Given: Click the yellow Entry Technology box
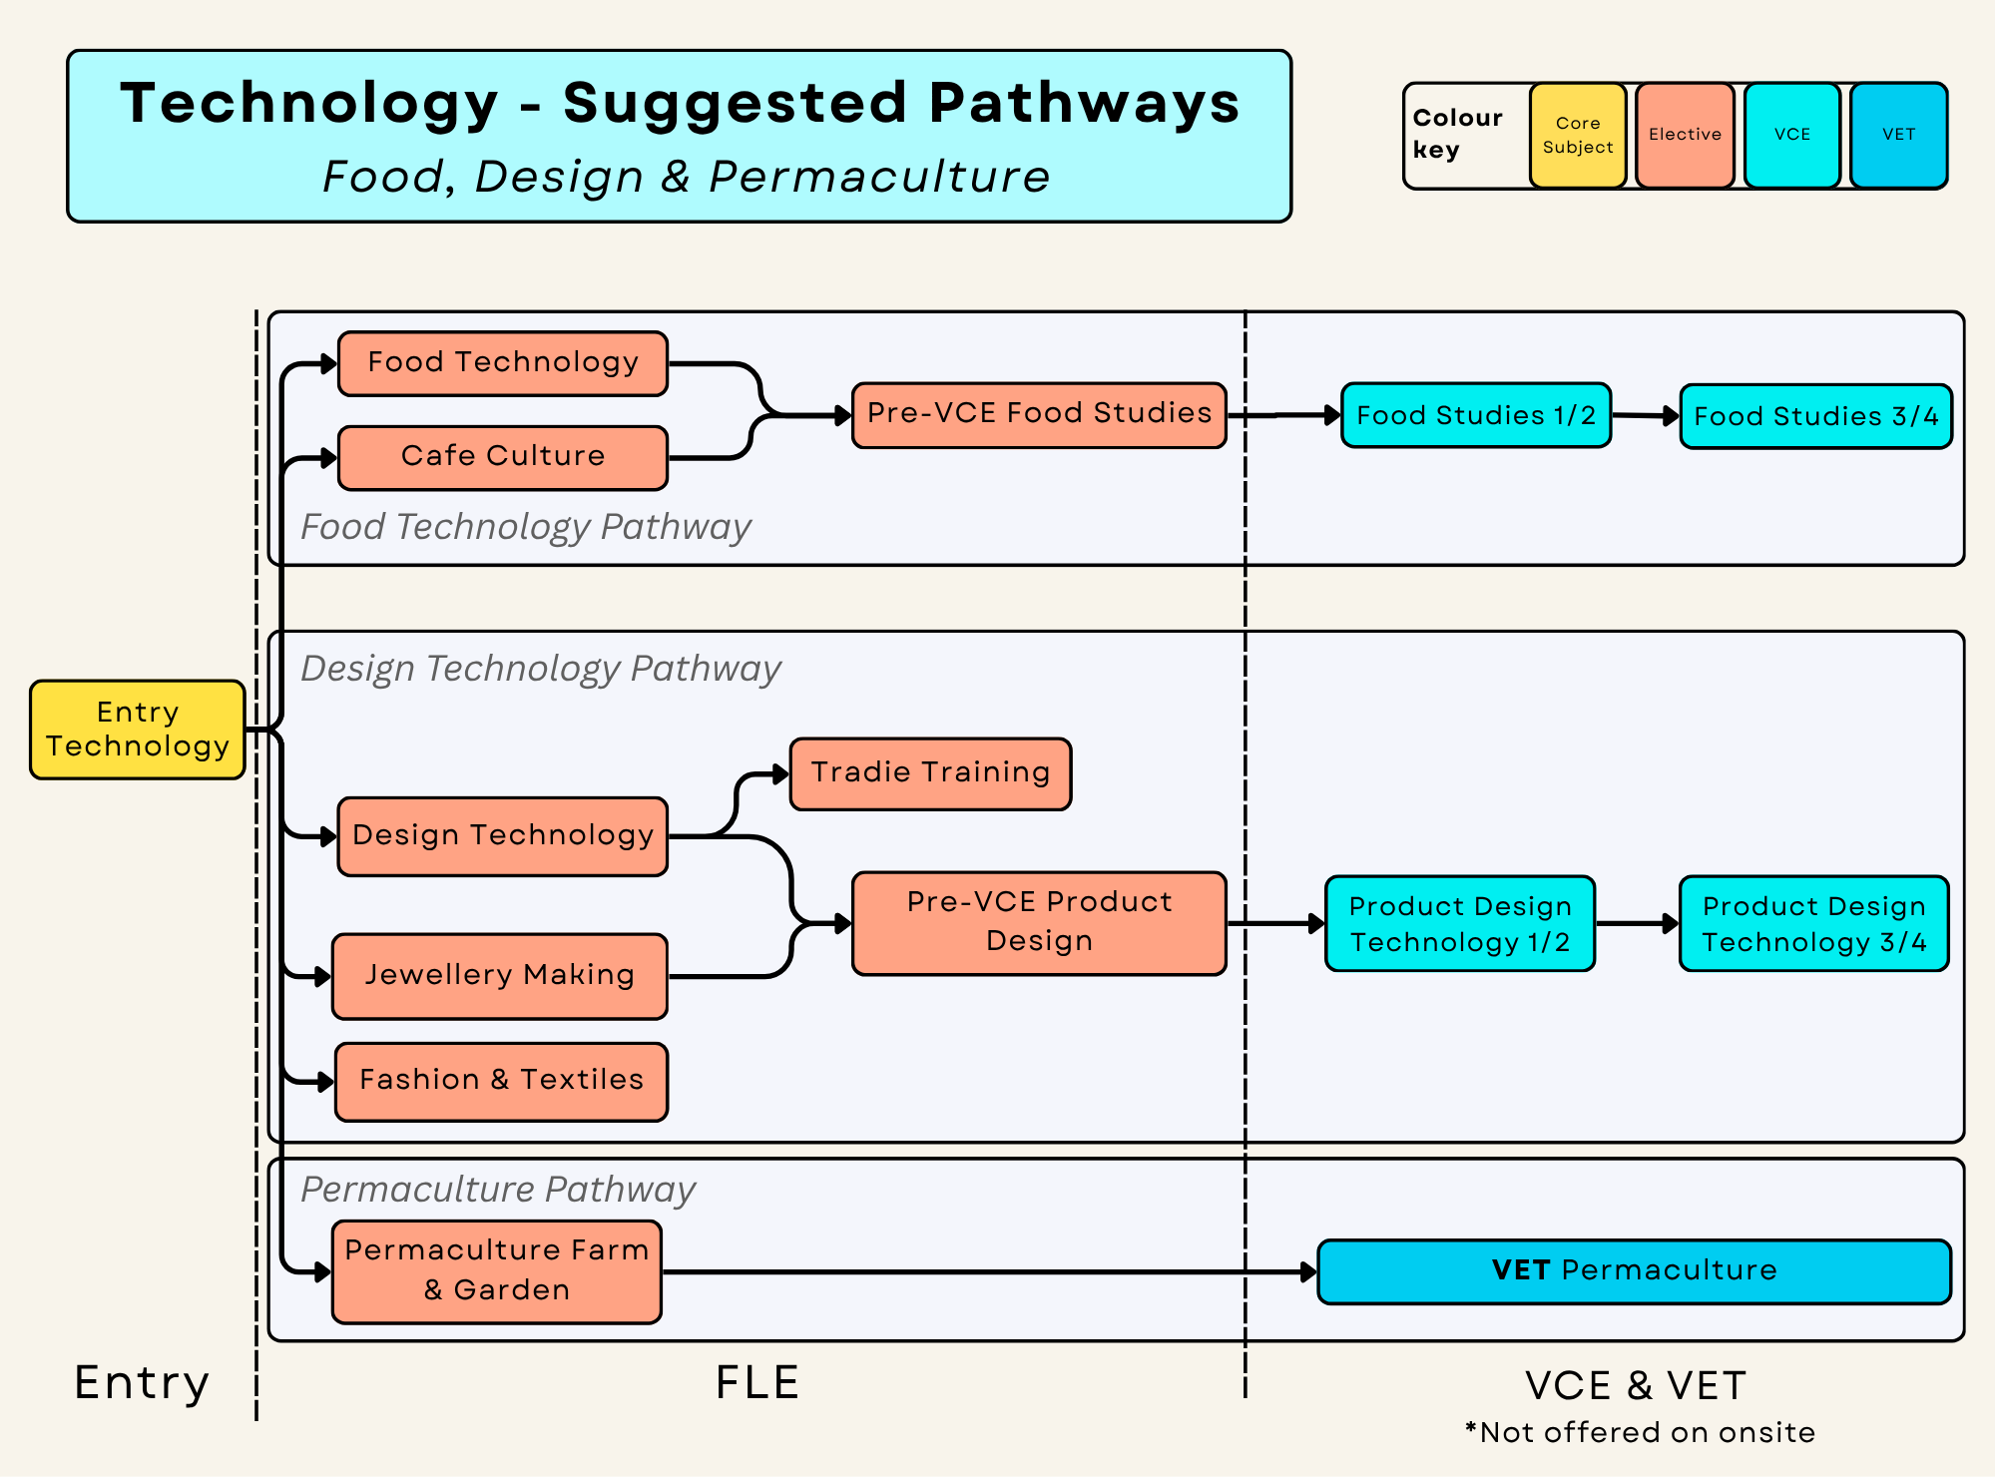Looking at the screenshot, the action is pos(138,730).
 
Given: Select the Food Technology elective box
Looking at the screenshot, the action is pos(503,363).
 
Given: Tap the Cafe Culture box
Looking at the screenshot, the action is pos(503,458).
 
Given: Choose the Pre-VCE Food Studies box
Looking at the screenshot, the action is pos(1039,415).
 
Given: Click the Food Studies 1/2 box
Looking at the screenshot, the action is pos(1476,415).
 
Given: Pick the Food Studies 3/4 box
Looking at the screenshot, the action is pos(1815,416).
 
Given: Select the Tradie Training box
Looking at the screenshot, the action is pos(930,773).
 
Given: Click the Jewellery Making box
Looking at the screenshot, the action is pos(500,976).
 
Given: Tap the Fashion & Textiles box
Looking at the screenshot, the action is pos(501,1082).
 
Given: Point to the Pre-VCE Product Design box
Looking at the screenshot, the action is pos(1039,923).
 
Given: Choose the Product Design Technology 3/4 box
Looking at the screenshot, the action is pos(1814,923).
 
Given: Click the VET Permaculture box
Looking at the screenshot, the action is pos(1635,1271).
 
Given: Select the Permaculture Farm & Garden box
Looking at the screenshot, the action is pos(497,1271).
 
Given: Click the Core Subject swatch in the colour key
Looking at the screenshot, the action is pos(1578,136).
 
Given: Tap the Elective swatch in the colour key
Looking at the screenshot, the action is pos(1685,136).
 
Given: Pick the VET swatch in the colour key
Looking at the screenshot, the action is pos(1899,136).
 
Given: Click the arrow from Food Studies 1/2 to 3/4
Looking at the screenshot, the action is pos(1646,415).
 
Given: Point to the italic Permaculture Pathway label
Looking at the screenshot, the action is pos(498,1190).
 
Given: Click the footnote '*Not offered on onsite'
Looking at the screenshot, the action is pos(1640,1432).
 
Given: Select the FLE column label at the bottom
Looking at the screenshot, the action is pos(757,1383).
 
